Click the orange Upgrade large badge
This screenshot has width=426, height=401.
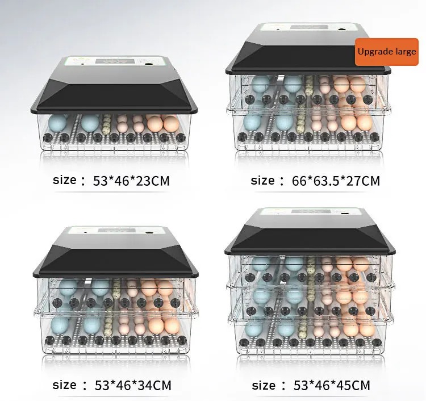point(386,52)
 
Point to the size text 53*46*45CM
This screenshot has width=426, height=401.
point(331,386)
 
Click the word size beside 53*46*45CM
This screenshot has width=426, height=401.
point(262,386)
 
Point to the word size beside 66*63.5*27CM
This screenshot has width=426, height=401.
point(262,181)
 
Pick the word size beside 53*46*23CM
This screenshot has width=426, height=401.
point(64,181)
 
